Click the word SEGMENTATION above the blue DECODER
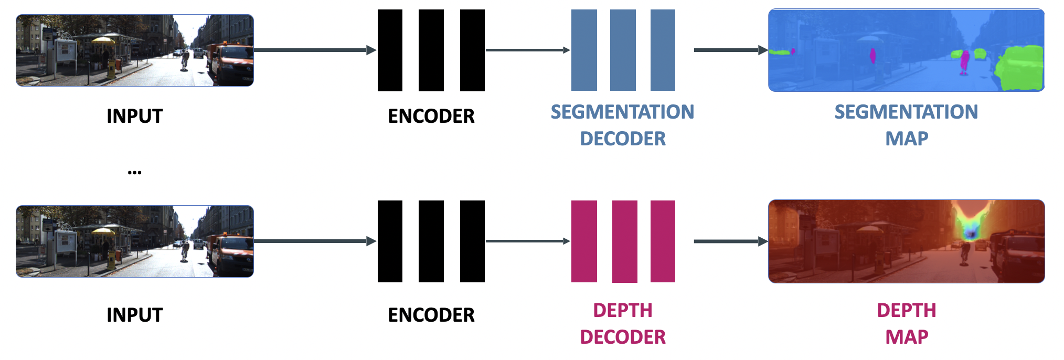click(x=622, y=112)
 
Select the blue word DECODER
click(x=622, y=139)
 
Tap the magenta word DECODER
click(x=622, y=337)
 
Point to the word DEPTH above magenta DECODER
click(x=622, y=310)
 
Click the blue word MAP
click(x=907, y=139)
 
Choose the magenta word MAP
click(x=907, y=337)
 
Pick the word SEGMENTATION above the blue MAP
click(x=906, y=112)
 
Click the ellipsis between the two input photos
click(x=134, y=172)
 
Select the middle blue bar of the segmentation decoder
click(x=623, y=50)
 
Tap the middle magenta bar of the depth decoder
click(x=624, y=241)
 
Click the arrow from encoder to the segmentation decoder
click(x=527, y=50)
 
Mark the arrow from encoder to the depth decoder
click(x=527, y=241)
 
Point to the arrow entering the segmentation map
click(x=730, y=50)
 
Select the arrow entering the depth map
click(x=730, y=241)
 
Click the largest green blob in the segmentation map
click(x=1020, y=68)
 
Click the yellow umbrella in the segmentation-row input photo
click(x=103, y=39)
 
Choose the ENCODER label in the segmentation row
click(x=431, y=116)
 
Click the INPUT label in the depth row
click(x=134, y=315)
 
